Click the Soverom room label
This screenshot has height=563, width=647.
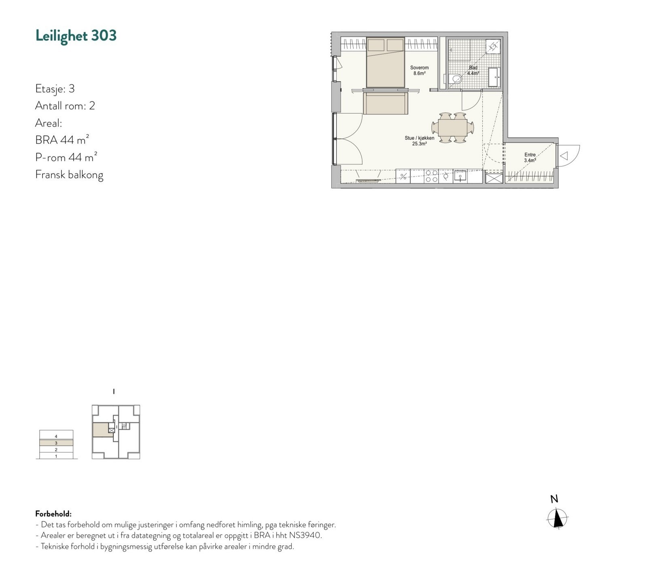point(419,68)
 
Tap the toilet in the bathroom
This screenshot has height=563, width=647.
point(456,79)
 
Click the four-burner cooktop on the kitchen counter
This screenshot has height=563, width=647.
point(431,176)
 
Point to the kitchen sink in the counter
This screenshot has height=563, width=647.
point(460,176)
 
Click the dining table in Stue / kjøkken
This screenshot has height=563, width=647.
point(453,128)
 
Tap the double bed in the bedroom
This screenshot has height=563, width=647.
point(385,63)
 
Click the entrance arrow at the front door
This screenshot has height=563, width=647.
point(565,156)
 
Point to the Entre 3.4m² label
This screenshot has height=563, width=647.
point(530,158)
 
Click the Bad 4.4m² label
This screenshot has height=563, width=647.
point(473,71)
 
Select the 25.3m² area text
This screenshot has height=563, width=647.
point(419,143)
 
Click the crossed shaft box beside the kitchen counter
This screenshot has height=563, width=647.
point(493,178)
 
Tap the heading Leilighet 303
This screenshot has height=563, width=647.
point(76,36)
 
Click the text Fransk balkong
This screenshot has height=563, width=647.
point(69,175)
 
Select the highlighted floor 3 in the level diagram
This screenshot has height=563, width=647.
point(56,443)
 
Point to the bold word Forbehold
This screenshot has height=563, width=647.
point(53,514)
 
